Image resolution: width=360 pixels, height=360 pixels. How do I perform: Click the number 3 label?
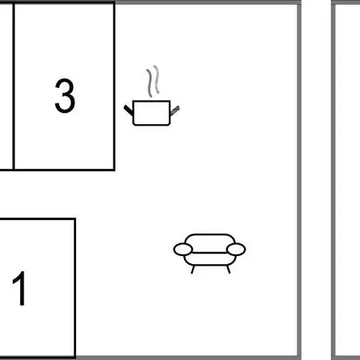65,95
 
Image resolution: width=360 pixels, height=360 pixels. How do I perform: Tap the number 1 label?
19,288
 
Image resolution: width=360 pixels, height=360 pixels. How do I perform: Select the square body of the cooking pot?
151,113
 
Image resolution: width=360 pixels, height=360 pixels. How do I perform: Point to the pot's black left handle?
128,110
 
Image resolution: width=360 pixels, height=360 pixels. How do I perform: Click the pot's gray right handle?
174,110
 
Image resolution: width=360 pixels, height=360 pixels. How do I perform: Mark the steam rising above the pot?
153,81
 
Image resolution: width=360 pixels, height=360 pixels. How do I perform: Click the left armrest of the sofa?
183,250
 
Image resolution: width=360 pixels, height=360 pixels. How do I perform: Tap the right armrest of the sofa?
236,250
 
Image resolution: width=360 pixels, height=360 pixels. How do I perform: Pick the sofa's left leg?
193,270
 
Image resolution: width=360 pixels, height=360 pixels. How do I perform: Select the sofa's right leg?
228,270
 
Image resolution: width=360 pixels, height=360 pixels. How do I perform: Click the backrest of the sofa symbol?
210,243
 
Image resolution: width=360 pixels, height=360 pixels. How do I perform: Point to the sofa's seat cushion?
210,259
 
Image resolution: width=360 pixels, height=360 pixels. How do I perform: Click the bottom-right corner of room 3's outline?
114,170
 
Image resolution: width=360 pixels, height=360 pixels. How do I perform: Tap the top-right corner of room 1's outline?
75,219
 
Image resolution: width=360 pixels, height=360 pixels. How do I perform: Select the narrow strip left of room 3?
6,86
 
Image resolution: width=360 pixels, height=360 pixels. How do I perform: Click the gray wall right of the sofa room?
299,180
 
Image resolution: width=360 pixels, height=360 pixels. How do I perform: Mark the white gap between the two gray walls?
316,180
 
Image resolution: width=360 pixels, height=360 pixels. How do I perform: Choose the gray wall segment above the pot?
206,2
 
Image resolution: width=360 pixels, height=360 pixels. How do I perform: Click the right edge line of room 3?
114,86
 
